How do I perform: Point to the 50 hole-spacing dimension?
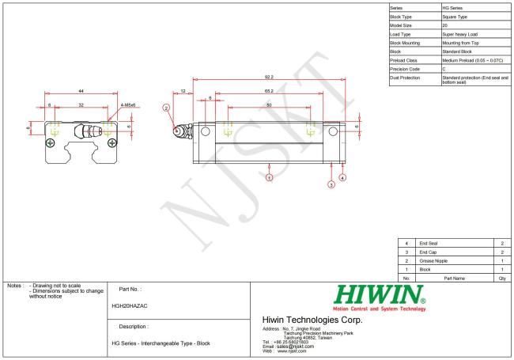(x=269, y=104)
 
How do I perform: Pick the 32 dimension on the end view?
(x=79, y=104)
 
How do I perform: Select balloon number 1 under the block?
(x=270, y=178)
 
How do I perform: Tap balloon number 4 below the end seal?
(x=342, y=178)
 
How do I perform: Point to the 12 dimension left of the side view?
(x=183, y=92)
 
